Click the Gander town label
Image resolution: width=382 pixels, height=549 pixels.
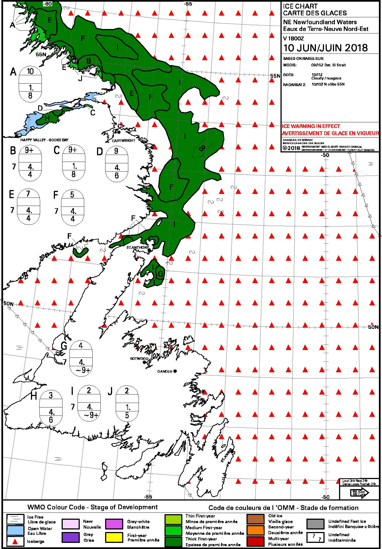(165, 371)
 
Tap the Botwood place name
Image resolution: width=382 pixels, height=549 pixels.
(139, 359)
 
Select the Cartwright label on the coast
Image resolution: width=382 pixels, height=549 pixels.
(123, 141)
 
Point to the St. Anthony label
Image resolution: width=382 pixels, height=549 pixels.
(137, 247)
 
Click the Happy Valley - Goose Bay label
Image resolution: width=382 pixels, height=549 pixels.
(44, 140)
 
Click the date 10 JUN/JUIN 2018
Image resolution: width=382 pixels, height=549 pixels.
(325, 48)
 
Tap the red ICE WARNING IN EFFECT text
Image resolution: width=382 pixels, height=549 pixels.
(311, 126)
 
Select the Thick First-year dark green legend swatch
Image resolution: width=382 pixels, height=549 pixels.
(173, 542)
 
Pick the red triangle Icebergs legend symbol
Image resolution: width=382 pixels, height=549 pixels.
(15, 541)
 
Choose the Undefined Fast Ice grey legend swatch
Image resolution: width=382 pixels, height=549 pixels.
(315, 524)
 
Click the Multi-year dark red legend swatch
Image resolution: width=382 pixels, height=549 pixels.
(255, 541)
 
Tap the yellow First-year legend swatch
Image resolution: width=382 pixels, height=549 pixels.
(114, 537)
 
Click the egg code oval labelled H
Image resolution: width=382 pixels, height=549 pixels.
(51, 408)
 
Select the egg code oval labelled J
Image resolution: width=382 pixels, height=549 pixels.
(127, 403)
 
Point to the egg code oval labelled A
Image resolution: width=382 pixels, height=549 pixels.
(30, 84)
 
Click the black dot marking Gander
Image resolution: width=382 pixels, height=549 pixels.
(175, 371)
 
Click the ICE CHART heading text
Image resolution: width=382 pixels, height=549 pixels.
(300, 6)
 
